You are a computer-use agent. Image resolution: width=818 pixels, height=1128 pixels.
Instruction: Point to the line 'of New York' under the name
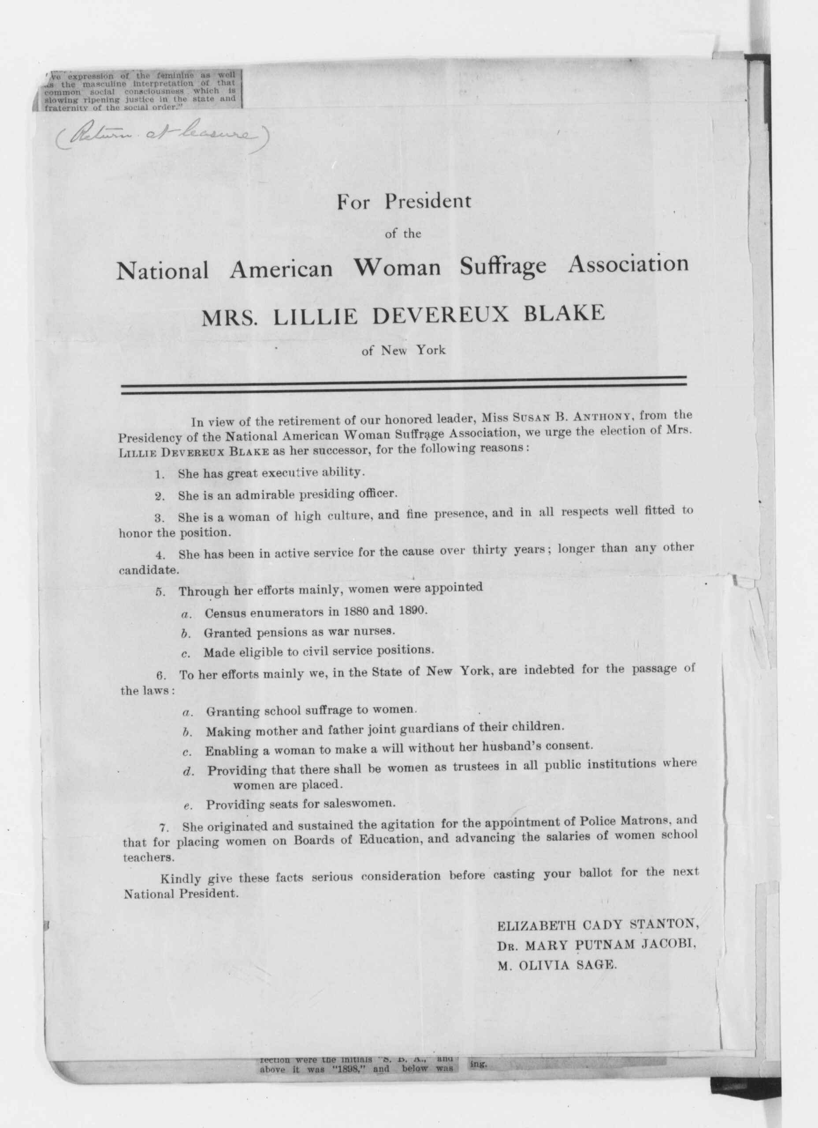click(404, 350)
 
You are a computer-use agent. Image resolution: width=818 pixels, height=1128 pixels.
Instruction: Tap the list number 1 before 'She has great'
click(159, 475)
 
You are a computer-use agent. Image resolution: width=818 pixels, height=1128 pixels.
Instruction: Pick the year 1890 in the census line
click(412, 610)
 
